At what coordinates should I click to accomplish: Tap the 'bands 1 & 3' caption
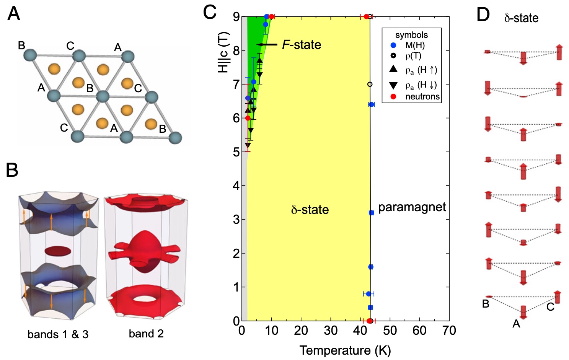pos(58,334)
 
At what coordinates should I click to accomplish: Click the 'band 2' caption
pos(146,334)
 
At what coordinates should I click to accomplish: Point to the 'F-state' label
pos(302,45)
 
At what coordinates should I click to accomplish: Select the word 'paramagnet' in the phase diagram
pos(412,207)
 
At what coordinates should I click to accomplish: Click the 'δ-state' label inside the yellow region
pos(310,210)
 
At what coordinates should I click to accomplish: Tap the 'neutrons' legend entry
pos(422,96)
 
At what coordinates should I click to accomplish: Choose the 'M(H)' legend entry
pos(415,45)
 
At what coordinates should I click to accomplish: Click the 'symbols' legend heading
pos(412,35)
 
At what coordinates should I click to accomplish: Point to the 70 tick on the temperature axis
pos(449,331)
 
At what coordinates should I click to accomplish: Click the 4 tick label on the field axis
pos(236,186)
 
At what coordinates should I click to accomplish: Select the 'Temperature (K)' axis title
pos(345,350)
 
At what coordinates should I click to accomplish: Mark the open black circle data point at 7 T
pos(370,84)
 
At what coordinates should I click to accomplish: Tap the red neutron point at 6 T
pos(248,118)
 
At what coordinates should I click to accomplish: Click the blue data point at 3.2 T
pos(371,213)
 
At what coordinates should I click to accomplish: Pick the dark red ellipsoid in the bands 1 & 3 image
pos(58,251)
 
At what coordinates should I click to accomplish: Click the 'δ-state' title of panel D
pos(521,18)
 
